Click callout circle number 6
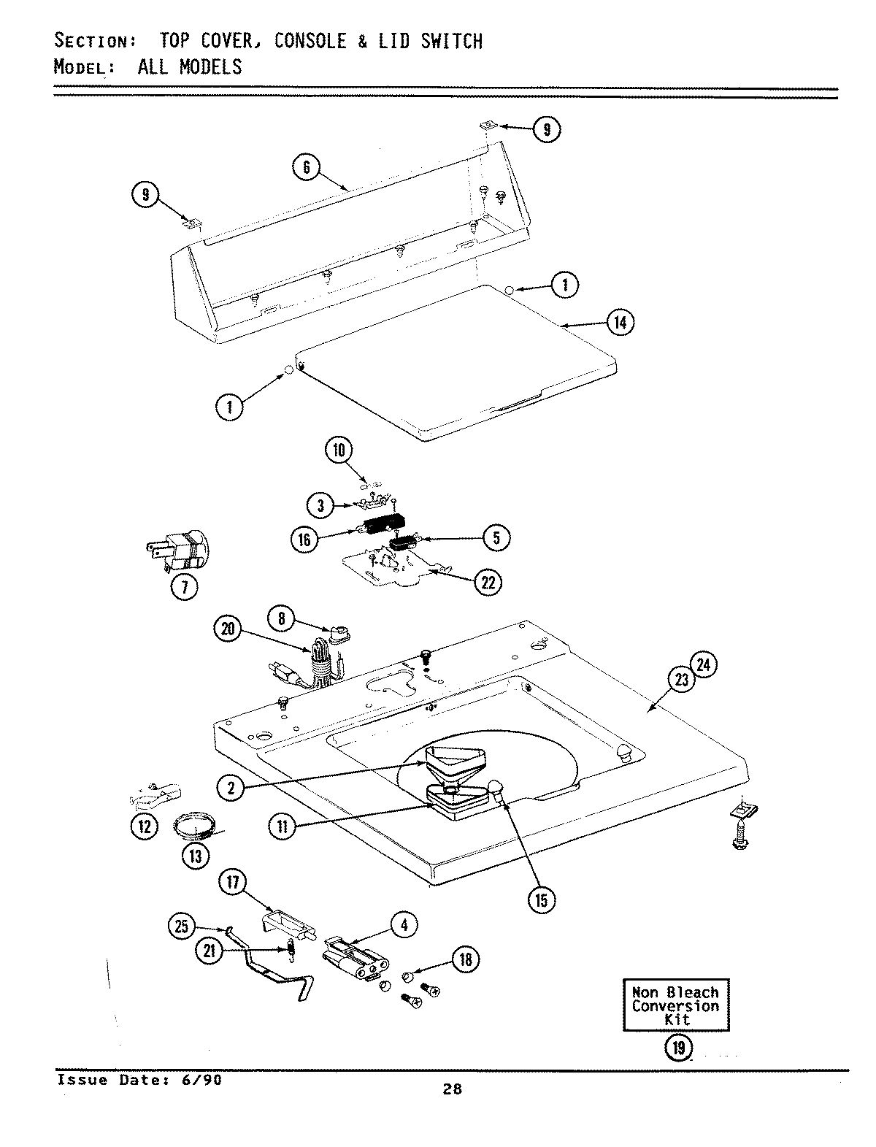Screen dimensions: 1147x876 (307, 168)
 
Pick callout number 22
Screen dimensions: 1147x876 (488, 581)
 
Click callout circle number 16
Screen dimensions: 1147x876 (304, 540)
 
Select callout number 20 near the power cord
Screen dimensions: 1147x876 (227, 629)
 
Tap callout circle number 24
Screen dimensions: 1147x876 (705, 665)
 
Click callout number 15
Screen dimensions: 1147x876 (541, 899)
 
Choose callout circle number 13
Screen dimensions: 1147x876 (195, 853)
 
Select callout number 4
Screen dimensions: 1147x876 (404, 924)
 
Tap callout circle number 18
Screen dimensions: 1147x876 (466, 959)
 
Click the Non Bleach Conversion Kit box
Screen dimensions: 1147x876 (675, 1005)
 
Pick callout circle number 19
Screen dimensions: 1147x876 (678, 1048)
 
